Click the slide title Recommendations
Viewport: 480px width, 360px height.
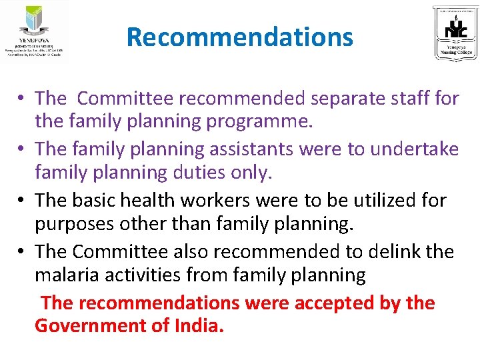(239, 37)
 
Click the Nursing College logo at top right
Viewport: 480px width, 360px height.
(455, 33)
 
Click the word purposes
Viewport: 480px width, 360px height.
(75, 225)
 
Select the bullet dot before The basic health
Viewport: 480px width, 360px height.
(23, 201)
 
